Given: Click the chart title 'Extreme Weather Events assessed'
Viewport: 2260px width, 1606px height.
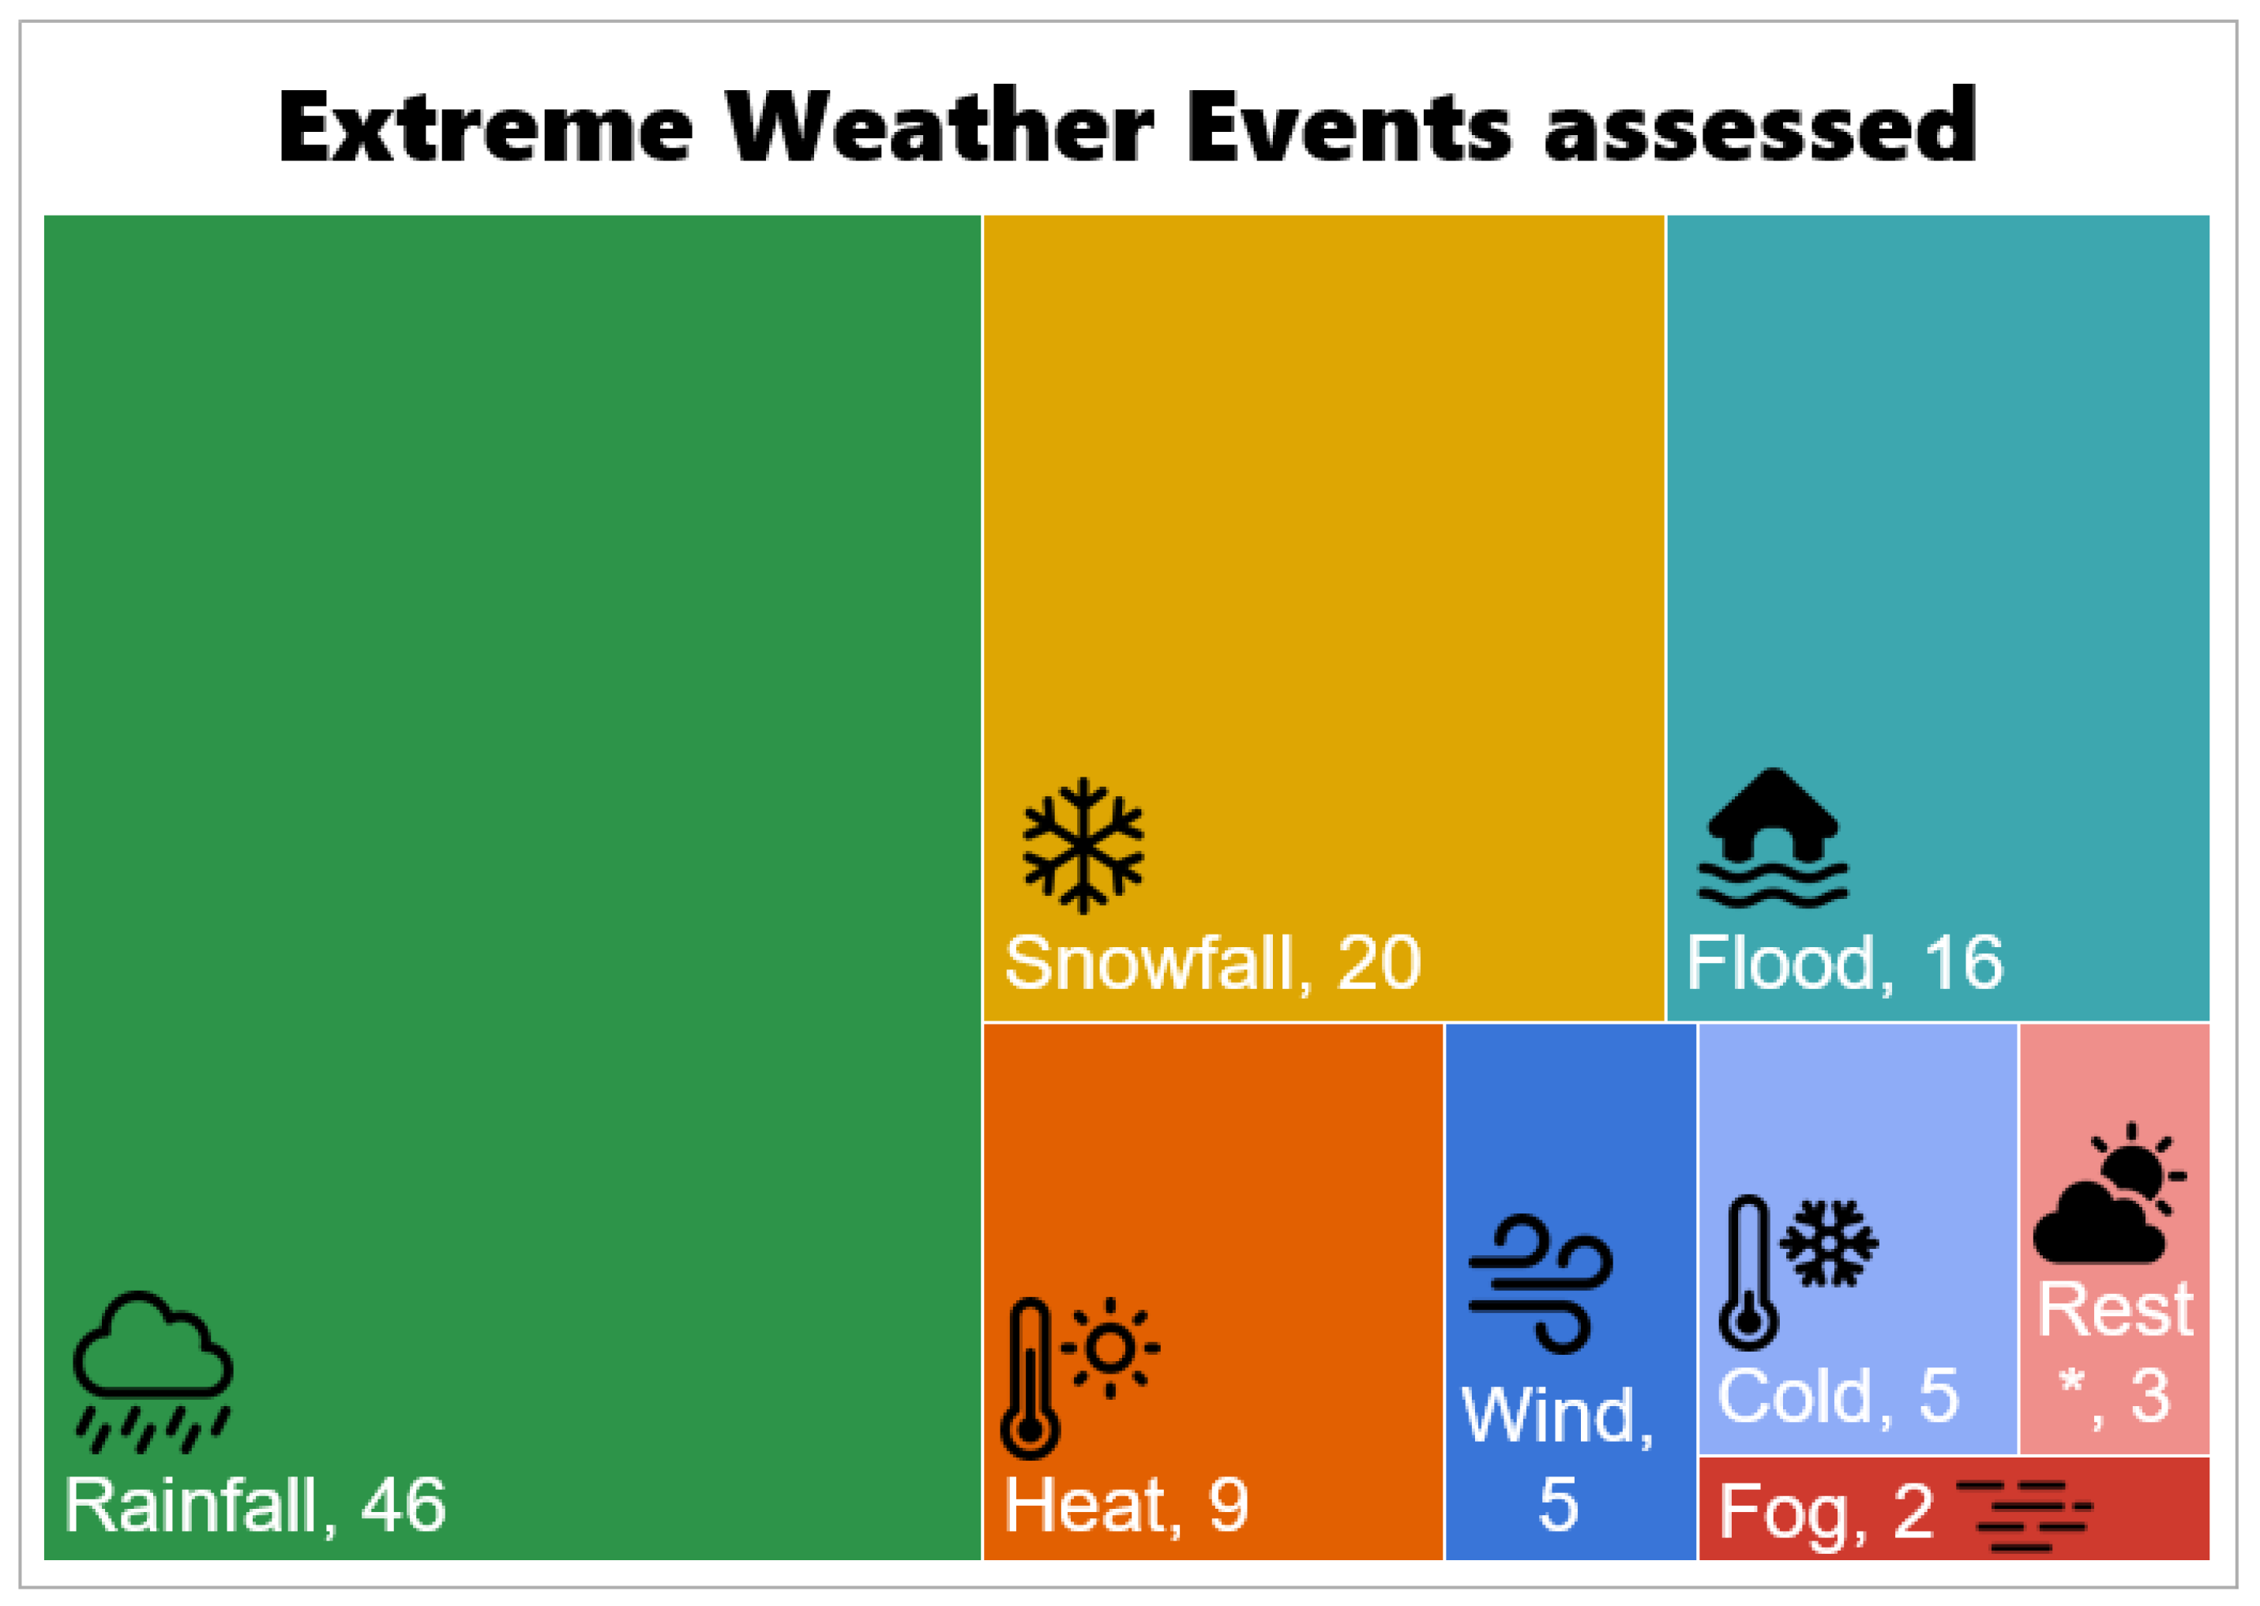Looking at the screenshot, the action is click(1128, 126).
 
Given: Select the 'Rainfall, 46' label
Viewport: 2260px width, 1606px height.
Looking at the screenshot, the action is click(255, 1505).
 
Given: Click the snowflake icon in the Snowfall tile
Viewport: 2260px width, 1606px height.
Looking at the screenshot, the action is click(1083, 845).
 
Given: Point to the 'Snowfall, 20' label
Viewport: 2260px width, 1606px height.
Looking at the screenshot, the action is click(1212, 962).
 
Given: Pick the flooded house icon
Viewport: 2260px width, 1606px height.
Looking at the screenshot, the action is click(1773, 837).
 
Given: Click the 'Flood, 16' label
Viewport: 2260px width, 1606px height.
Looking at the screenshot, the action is click(1845, 962).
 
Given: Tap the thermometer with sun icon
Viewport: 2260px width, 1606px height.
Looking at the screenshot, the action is click(1078, 1378).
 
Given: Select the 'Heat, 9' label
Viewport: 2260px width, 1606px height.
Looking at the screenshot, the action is click(1126, 1505).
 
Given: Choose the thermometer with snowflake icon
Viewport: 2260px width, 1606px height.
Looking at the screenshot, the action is click(1798, 1272).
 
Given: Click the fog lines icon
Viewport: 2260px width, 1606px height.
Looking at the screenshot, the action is click(2024, 1514).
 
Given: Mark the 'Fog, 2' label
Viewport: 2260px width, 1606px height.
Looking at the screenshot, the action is click(1826, 1512).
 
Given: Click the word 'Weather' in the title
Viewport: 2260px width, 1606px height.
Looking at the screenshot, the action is click(940, 126).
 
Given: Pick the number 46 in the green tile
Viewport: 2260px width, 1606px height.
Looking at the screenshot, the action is click(404, 1505).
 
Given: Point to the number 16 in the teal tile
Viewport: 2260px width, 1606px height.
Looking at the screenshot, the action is click(1963, 962).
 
